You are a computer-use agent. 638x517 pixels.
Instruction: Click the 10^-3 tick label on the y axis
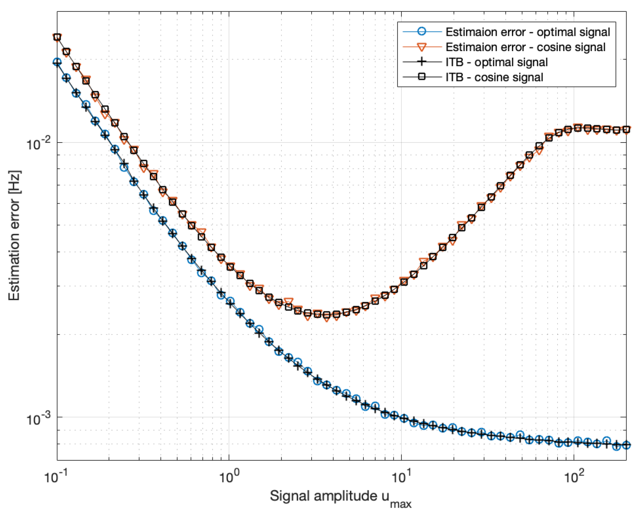tap(38, 419)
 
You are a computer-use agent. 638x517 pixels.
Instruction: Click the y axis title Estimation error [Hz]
tap(15, 235)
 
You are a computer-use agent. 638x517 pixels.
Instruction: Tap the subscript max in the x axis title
tap(401, 504)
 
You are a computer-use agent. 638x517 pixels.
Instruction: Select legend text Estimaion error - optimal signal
tap(527, 32)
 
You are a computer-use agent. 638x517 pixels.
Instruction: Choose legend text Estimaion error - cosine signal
tap(525, 47)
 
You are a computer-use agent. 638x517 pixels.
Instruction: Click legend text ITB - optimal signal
tap(496, 62)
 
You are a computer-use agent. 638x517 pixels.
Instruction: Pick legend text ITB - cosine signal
tap(494, 77)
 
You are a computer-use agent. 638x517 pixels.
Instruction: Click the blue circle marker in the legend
tap(421, 31)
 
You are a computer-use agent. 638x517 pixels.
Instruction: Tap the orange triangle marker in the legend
tap(421, 47)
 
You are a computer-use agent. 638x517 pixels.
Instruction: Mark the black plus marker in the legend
tap(421, 62)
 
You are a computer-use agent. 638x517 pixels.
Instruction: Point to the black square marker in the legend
tap(421, 77)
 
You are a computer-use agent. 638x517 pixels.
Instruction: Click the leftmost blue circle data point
tap(57, 62)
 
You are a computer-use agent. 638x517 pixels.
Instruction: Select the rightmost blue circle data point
tap(626, 445)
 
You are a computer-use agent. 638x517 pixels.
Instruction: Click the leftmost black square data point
tap(58, 37)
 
